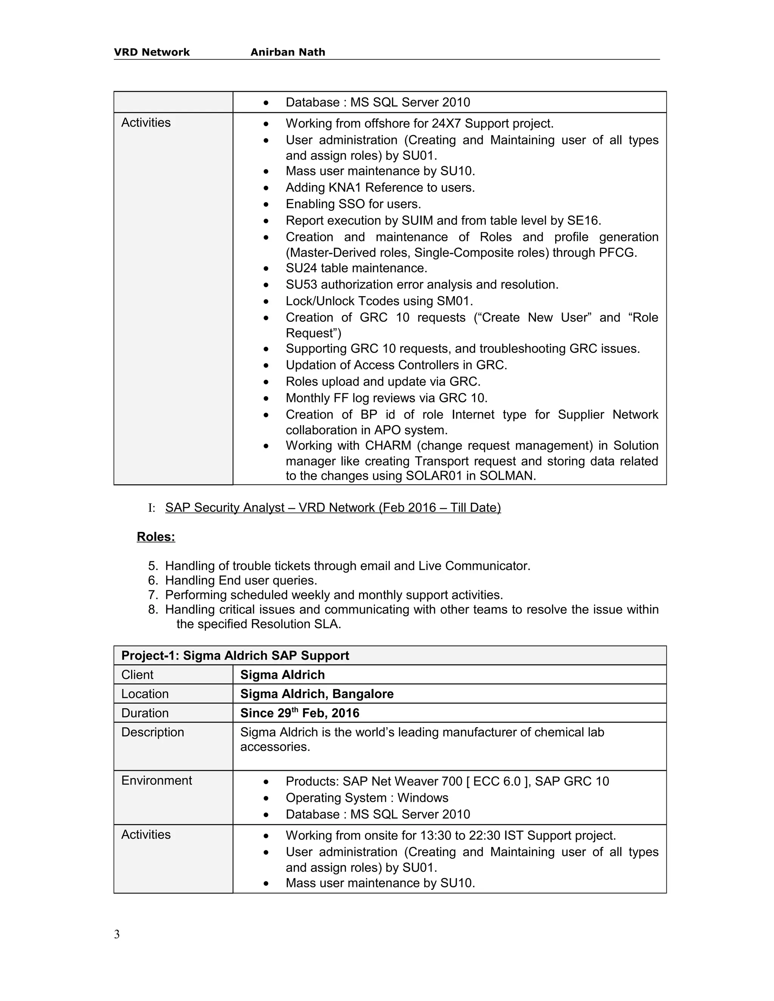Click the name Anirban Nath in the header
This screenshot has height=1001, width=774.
pyautogui.click(x=288, y=52)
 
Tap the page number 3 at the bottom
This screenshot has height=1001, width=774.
pyautogui.click(x=117, y=934)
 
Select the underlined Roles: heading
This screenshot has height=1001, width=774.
pyautogui.click(x=156, y=537)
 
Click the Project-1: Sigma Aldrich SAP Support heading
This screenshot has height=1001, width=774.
pyautogui.click(x=235, y=655)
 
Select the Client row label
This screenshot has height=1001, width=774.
pyautogui.click(x=137, y=675)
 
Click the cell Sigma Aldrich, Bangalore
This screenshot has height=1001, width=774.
pyautogui.click(x=316, y=694)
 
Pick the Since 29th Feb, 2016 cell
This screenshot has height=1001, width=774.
pyautogui.click(x=299, y=713)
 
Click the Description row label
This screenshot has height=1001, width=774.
pyautogui.click(x=152, y=732)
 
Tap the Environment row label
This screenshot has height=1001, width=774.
pyautogui.click(x=156, y=780)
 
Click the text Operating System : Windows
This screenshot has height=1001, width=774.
pyautogui.click(x=367, y=798)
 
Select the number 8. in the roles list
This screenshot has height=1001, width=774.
pyautogui.click(x=153, y=610)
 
